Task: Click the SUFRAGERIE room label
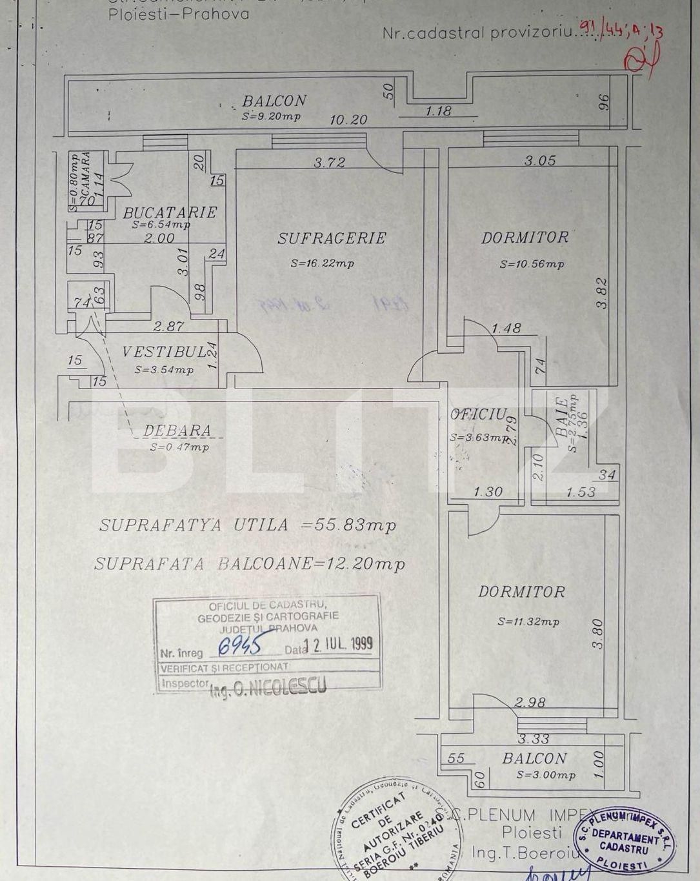(332, 238)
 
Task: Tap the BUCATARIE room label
(170, 212)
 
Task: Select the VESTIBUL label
(164, 352)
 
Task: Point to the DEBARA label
(177, 430)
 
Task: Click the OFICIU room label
(479, 414)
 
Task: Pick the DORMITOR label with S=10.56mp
(525, 238)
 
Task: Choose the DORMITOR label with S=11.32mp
(521, 591)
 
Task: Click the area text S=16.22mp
(322, 263)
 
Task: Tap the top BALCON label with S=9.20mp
(274, 101)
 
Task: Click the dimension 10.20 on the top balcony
(348, 119)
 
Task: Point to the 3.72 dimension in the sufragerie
(329, 163)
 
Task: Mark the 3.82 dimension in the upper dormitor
(602, 293)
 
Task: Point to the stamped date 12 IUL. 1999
(337, 643)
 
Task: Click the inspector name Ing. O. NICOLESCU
(268, 688)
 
